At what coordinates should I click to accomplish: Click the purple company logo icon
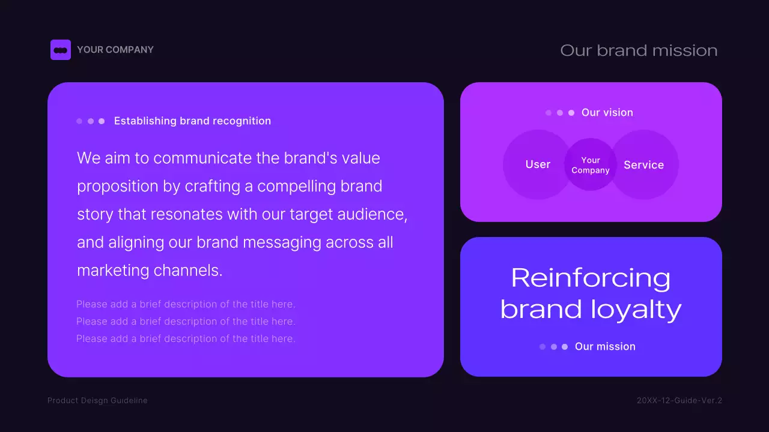point(61,50)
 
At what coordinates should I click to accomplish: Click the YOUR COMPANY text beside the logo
point(115,50)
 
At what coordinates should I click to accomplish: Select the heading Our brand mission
point(639,50)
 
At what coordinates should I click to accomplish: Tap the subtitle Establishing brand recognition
point(192,121)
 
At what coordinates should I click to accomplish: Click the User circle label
point(538,164)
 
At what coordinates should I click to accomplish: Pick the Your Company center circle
point(591,165)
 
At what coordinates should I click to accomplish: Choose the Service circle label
point(643,165)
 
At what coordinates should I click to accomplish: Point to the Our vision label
point(607,112)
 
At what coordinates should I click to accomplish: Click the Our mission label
point(605,346)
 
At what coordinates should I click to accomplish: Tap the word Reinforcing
point(591,278)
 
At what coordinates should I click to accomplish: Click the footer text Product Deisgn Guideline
point(97,400)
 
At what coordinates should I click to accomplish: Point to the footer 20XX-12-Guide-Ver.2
point(679,400)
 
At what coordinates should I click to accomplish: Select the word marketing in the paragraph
point(113,271)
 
